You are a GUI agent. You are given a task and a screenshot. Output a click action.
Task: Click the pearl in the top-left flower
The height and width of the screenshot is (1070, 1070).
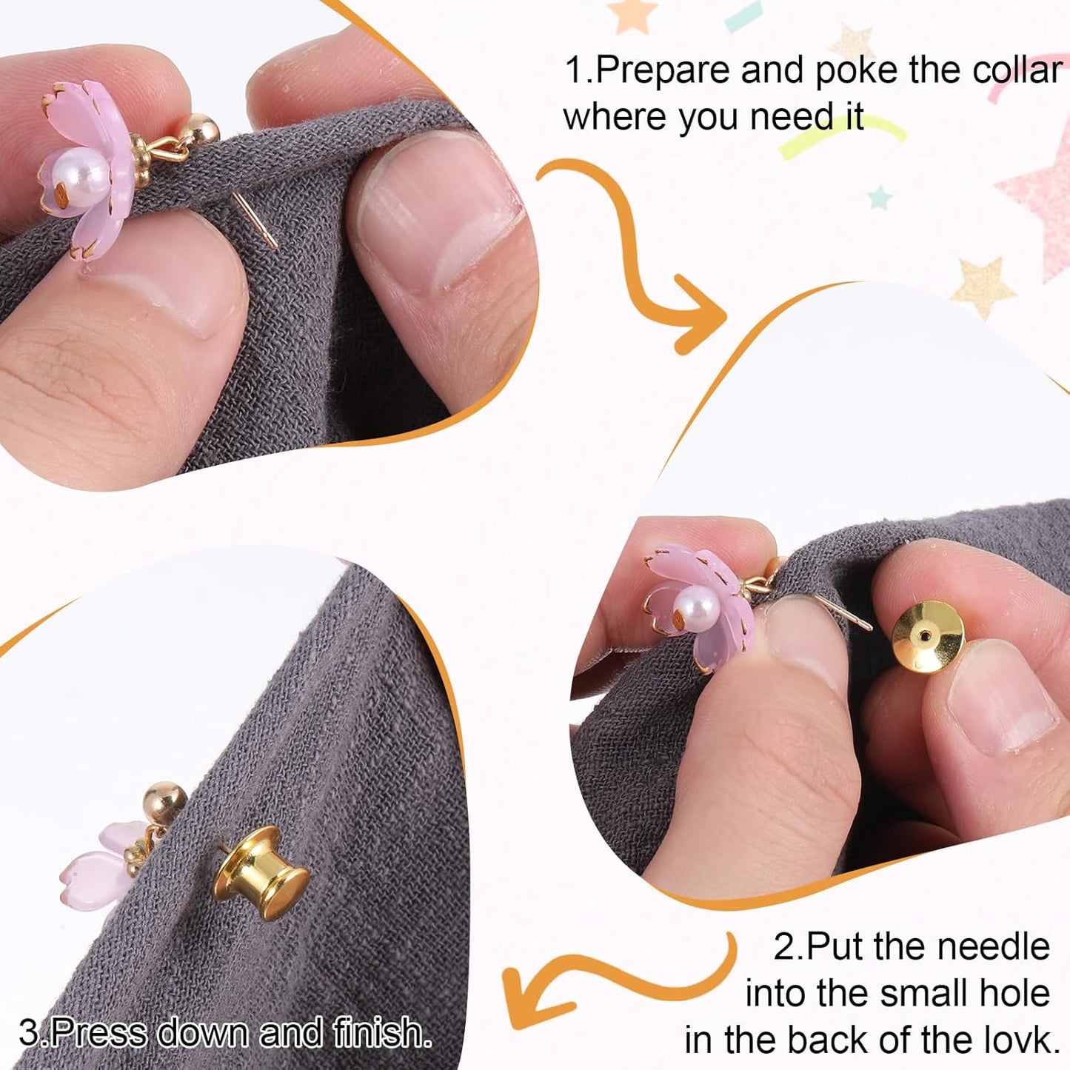(83, 172)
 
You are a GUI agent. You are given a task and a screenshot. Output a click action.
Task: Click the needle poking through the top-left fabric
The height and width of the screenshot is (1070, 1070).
(255, 220)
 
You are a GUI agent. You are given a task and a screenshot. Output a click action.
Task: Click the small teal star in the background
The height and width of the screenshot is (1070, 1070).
(880, 198)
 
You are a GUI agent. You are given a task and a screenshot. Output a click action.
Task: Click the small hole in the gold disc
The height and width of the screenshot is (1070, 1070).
(923, 634)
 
